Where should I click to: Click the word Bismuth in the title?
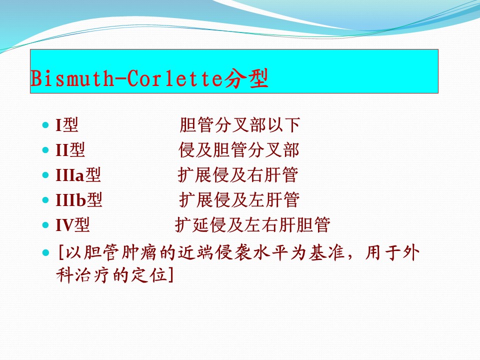pyautogui.click(x=71, y=78)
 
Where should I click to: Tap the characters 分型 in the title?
pyautogui.click(x=246, y=78)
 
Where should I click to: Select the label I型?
pyautogui.click(x=66, y=125)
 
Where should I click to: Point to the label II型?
pyautogui.click(x=70, y=150)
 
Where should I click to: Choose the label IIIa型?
pyautogui.click(x=78, y=175)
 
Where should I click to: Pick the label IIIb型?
pyautogui.click(x=78, y=200)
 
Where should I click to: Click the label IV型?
pyautogui.click(x=72, y=225)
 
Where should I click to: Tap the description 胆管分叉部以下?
pyautogui.click(x=239, y=125)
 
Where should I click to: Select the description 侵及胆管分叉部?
pyautogui.click(x=239, y=150)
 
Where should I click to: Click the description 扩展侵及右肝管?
pyautogui.click(x=238, y=175)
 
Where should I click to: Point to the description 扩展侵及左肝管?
pyautogui.click(x=239, y=200)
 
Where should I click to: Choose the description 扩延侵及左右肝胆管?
pyautogui.click(x=252, y=225)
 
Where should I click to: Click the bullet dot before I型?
pyautogui.click(x=45, y=125)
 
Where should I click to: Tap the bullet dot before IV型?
pyautogui.click(x=45, y=225)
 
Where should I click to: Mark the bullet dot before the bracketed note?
pyautogui.click(x=45, y=253)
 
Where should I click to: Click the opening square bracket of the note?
pyautogui.click(x=60, y=253)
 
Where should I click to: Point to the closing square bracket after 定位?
pyautogui.click(x=171, y=275)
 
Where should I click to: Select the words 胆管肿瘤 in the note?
pyautogui.click(x=120, y=253)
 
